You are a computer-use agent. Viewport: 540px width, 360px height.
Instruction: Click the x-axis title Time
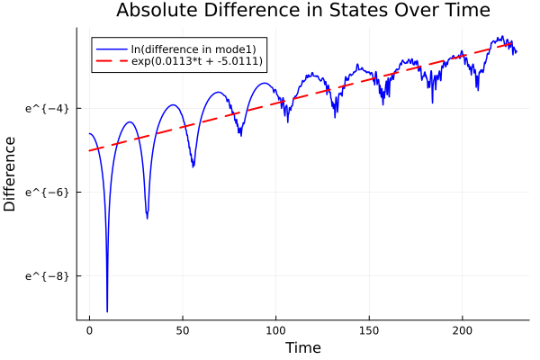pos(302,347)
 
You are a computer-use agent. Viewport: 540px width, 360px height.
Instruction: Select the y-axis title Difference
pos(10,174)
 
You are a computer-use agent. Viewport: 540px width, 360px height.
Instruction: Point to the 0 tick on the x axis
pos(89,330)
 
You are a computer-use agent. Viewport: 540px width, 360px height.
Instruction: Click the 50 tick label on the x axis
pos(183,330)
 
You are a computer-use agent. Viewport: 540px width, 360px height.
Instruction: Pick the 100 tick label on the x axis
pos(276,330)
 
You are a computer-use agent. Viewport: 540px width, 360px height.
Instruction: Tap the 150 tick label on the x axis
pos(370,330)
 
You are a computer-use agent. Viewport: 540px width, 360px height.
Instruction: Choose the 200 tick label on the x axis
pos(463,330)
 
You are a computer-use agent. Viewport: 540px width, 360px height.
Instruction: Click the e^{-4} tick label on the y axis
pos(47,108)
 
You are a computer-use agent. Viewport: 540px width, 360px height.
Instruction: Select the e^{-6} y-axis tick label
pos(47,192)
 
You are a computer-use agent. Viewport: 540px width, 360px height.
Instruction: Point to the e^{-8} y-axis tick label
pos(47,276)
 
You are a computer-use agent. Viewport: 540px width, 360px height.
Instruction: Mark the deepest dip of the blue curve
pos(107,310)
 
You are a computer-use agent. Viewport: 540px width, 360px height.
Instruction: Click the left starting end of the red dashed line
pos(90,150)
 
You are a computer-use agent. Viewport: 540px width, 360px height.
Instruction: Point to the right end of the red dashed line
pos(515,41)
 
